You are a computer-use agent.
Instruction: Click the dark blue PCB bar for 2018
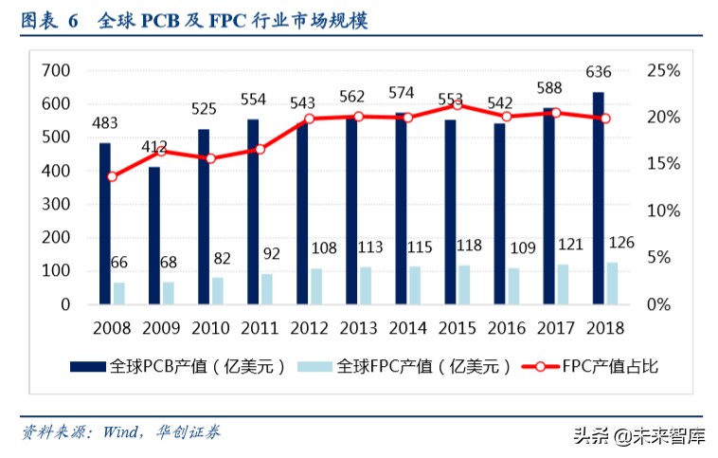tap(599, 198)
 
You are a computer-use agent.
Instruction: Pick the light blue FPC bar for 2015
tap(464, 284)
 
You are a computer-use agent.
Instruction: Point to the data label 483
tap(105, 123)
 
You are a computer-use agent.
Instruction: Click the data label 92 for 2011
tap(271, 254)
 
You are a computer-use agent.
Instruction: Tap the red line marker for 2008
tap(112, 176)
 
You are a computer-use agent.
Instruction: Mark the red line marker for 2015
tap(458, 104)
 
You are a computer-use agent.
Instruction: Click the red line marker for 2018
tap(605, 119)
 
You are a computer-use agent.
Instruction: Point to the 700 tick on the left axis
tap(58, 70)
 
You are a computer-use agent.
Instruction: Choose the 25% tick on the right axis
tap(663, 70)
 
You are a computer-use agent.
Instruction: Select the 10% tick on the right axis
tap(663, 211)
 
